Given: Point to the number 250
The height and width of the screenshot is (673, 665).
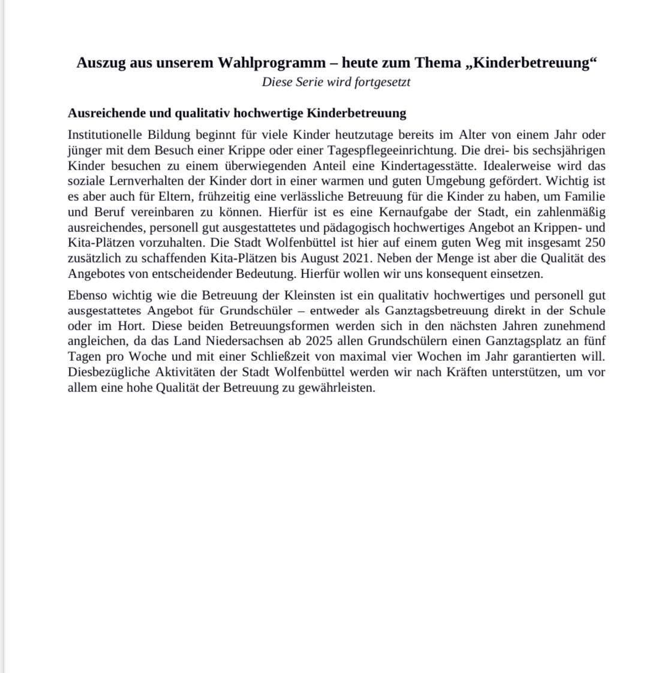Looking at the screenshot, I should [595, 243].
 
